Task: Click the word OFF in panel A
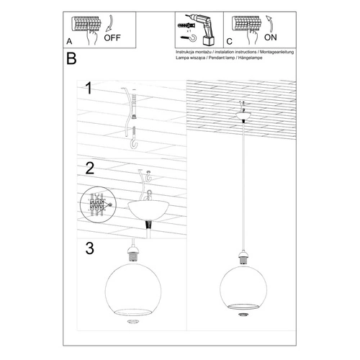112,40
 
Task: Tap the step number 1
89,89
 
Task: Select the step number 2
89,168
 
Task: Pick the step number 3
89,249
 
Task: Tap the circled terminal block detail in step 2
96,204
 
